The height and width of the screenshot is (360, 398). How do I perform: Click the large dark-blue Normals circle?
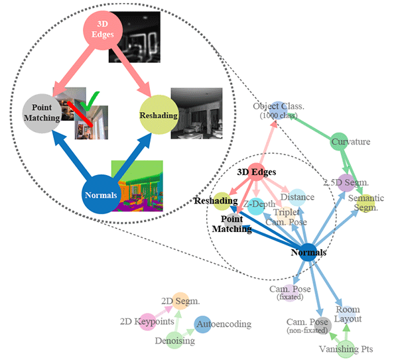[101, 196]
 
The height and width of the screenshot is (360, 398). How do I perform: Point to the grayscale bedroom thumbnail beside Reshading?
[196, 113]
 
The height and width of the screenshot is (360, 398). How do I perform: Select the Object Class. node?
[278, 109]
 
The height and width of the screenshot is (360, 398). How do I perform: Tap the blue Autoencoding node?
[203, 324]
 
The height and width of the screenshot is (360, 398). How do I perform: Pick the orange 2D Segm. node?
[180, 302]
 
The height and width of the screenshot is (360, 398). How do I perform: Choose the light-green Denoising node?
[174, 341]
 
